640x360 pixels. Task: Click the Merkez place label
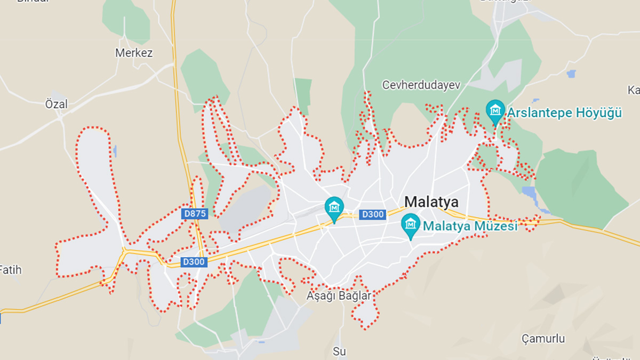pyautogui.click(x=134, y=53)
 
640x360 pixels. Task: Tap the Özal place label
pyautogui.click(x=57, y=105)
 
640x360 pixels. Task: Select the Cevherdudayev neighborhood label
pyautogui.click(x=421, y=85)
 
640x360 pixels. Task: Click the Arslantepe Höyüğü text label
pyautogui.click(x=564, y=113)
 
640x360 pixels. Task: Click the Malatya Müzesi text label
pyautogui.click(x=470, y=226)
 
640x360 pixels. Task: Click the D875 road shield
pyautogui.click(x=194, y=214)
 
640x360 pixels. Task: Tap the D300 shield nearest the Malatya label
pyautogui.click(x=372, y=214)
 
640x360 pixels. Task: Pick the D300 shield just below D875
pyautogui.click(x=194, y=262)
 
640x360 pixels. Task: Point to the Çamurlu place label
pyautogui.click(x=543, y=339)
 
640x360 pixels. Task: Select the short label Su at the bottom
pyautogui.click(x=339, y=351)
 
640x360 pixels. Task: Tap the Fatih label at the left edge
pyautogui.click(x=11, y=270)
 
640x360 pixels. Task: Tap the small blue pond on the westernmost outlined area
pyautogui.click(x=115, y=151)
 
